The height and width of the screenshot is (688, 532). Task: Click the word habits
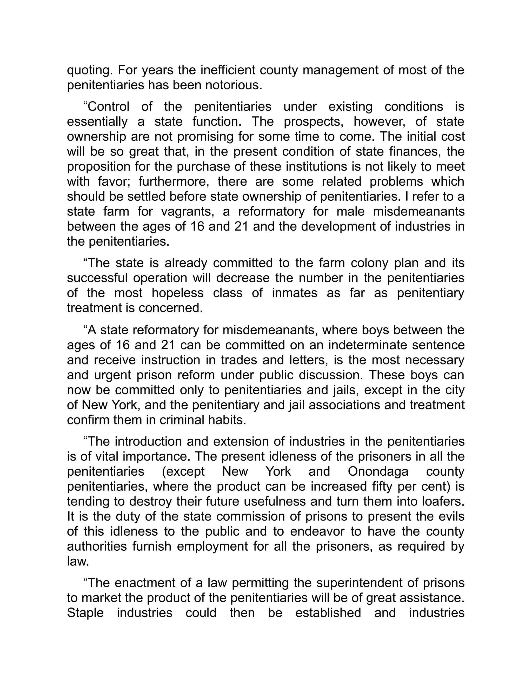pos(226,420)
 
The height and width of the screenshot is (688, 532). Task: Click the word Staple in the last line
pos(85,613)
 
